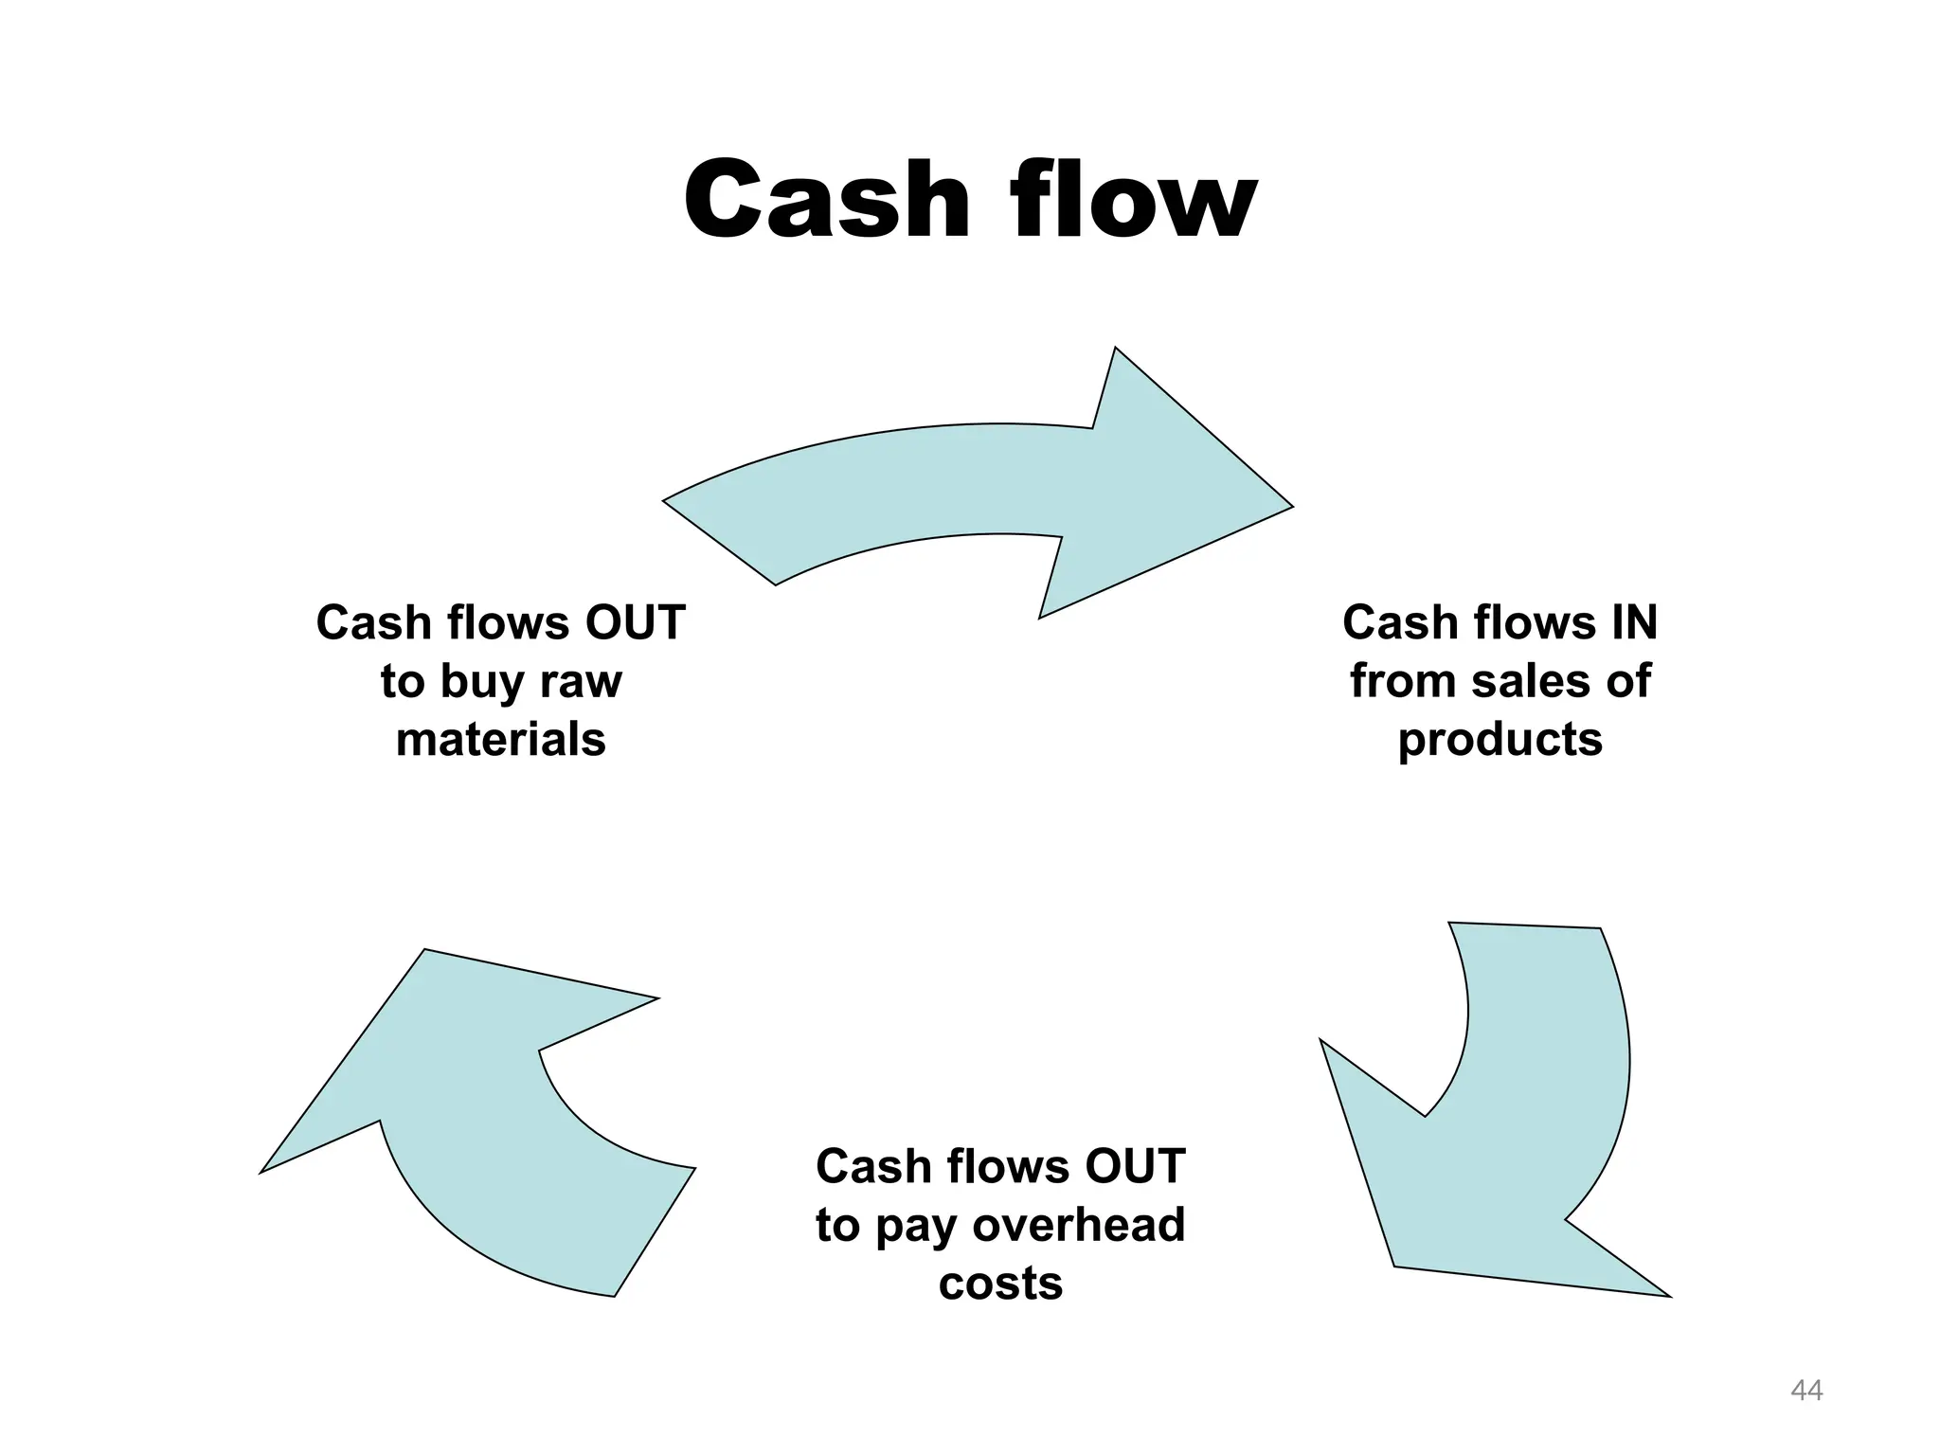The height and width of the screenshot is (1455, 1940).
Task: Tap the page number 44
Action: point(1806,1391)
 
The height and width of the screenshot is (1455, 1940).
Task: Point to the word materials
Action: point(500,740)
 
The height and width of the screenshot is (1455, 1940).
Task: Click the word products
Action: point(1500,740)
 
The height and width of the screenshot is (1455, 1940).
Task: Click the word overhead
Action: point(1079,1225)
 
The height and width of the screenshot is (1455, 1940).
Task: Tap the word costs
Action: point(1000,1284)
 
